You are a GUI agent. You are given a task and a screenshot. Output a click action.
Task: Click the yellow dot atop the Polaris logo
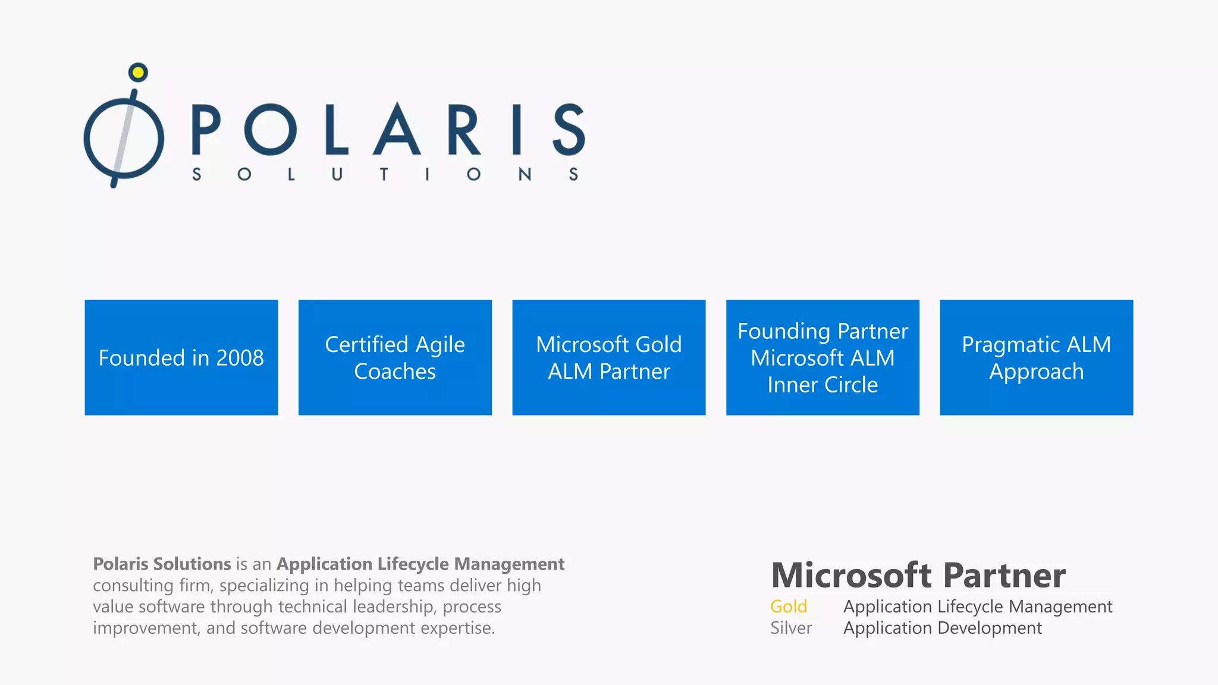pyautogui.click(x=138, y=73)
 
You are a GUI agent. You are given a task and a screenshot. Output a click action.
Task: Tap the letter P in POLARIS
pyautogui.click(x=206, y=129)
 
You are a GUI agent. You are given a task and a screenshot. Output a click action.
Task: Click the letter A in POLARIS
pyautogui.click(x=397, y=129)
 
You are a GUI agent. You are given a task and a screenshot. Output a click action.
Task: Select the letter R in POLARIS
pyautogui.click(x=463, y=129)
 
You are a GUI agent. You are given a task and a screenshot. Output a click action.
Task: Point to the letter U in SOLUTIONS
pyautogui.click(x=337, y=174)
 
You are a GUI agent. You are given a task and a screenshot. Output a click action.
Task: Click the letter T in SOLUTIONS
pyautogui.click(x=384, y=174)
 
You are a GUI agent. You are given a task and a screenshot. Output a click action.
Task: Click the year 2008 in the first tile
pyautogui.click(x=240, y=358)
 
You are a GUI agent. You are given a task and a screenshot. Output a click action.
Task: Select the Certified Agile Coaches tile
pyautogui.click(x=395, y=357)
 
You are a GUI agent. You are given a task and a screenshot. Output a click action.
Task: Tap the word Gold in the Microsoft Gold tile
pyautogui.click(x=658, y=345)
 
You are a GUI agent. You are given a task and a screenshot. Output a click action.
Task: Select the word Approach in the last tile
pyautogui.click(x=1036, y=372)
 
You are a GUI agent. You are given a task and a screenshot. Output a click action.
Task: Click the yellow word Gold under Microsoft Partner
pyautogui.click(x=789, y=607)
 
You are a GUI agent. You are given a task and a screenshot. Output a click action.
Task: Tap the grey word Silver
pyautogui.click(x=791, y=628)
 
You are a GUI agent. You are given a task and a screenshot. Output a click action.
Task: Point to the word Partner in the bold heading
pyautogui.click(x=1004, y=576)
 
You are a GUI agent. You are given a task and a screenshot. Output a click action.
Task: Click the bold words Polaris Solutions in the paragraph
pyautogui.click(x=162, y=564)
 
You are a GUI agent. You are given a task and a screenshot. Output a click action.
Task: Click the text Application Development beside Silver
pyautogui.click(x=943, y=628)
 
